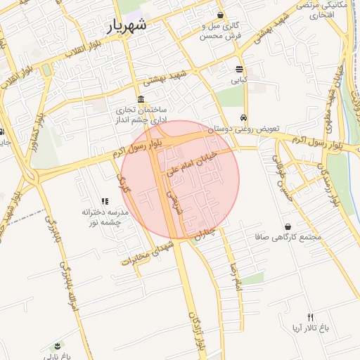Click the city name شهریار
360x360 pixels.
[127, 26]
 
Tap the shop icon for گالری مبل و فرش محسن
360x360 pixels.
[221, 15]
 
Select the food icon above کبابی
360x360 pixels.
[240, 69]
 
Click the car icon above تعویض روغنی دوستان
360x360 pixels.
[243, 117]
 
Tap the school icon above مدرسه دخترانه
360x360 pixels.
[105, 201]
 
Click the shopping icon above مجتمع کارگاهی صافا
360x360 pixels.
[288, 226]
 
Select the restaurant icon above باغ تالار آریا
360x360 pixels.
[310, 317]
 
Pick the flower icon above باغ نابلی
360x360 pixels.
[57, 345]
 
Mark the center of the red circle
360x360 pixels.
[180, 179]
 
